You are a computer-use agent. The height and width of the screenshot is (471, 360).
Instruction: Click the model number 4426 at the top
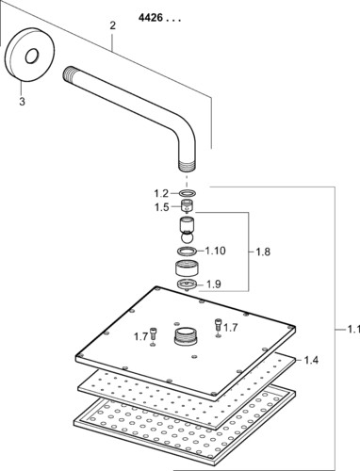151,18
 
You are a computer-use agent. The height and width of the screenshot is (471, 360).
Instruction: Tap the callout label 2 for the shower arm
112,25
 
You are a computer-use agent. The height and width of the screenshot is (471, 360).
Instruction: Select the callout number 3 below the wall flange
22,102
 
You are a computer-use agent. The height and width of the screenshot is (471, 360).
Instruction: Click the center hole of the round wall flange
32,57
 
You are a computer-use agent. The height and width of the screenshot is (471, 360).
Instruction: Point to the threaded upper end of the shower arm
68,74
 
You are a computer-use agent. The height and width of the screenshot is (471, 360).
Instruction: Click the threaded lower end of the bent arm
187,167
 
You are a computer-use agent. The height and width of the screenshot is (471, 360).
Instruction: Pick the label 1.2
161,193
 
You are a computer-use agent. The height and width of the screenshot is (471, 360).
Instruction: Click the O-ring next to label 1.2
188,192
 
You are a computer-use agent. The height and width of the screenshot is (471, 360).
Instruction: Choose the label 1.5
161,207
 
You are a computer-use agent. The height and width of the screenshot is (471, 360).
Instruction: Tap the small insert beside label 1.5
188,206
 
